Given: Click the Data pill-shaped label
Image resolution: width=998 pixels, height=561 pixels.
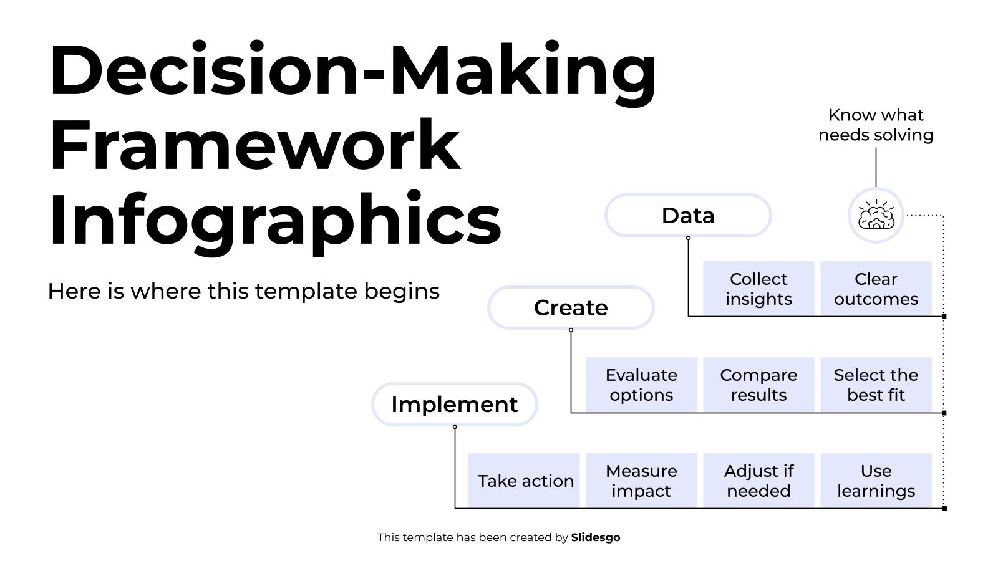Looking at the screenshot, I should coord(688,216).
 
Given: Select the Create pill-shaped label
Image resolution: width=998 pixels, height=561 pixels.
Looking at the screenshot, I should coord(571,308).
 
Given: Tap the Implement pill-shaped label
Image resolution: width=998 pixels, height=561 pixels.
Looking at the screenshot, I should coord(454,405).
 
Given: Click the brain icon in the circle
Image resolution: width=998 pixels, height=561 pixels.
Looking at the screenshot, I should coord(876,216).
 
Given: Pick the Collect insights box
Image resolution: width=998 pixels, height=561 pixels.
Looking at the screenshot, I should coord(758,289).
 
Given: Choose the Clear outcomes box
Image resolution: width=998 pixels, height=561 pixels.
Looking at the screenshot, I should coord(876,289).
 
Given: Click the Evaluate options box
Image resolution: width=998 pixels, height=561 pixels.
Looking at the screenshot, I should coord(641,385).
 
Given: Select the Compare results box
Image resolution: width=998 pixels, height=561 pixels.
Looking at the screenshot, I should coord(758,385).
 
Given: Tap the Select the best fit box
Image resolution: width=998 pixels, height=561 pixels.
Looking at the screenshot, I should coord(876,385).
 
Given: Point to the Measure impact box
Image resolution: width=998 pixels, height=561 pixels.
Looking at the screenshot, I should coord(641,481).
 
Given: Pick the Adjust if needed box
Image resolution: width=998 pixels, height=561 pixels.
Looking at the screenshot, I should coord(758,481).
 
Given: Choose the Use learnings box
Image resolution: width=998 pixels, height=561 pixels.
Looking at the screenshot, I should coord(876,481).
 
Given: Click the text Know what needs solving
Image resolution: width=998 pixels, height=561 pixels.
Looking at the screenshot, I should coord(876,125).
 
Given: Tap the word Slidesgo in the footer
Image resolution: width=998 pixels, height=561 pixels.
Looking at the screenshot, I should coord(595,537).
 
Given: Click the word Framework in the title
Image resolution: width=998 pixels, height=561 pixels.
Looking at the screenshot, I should coord(254,145).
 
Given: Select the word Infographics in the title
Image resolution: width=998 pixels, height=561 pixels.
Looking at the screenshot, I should coord(274,219).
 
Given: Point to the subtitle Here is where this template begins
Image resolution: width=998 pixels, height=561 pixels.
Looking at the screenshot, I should coord(243,291).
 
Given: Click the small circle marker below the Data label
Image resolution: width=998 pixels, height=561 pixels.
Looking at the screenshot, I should coord(688,238).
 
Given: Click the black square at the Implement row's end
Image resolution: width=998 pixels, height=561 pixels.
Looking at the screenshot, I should coord(944,508).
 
